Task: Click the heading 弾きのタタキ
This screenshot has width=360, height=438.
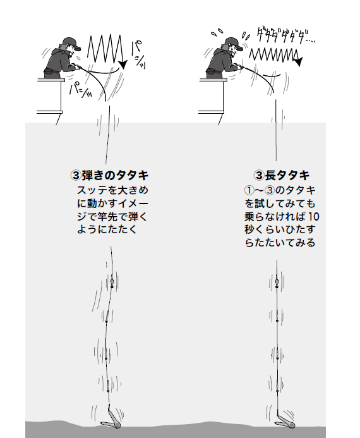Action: pos(116,175)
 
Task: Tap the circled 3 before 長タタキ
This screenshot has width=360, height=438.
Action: pos(259,175)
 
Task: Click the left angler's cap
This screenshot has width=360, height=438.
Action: pos(71,42)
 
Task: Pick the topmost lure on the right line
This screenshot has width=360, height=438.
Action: pos(277,279)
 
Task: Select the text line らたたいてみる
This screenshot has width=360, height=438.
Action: pos(279,243)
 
